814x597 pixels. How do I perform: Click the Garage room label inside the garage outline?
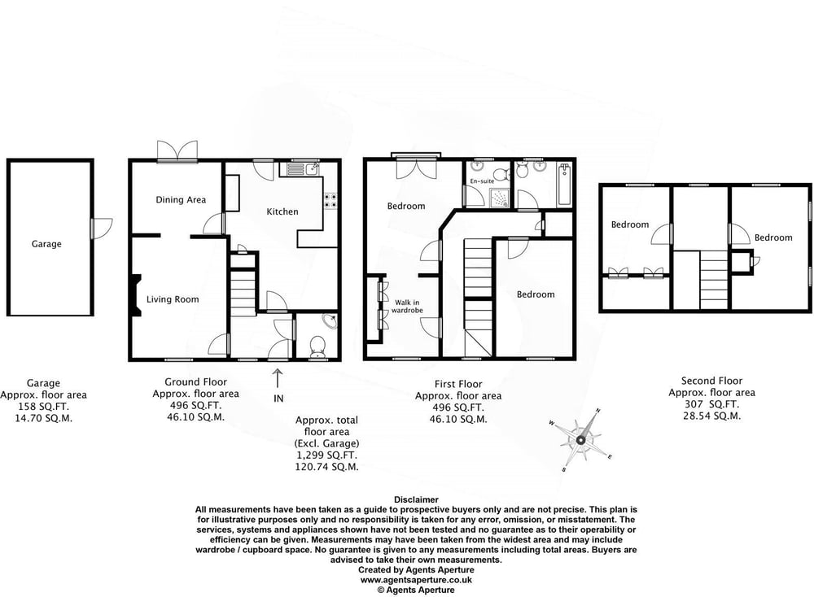pos(46,244)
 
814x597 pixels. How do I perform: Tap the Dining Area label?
pos(181,200)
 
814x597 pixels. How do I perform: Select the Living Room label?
pos(173,299)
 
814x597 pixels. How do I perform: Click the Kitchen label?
pos(282,211)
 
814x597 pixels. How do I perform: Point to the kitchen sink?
pos(300,169)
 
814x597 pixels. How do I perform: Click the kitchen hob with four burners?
pos(330,200)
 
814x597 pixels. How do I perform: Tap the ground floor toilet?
pos(317,347)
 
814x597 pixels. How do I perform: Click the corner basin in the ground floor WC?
pos(330,321)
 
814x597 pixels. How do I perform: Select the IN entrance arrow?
pos(278,378)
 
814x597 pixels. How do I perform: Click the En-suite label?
pos(482,181)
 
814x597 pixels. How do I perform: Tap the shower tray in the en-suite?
pos(498,197)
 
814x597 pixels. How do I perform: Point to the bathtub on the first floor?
pos(564,185)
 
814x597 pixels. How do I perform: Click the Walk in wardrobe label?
pos(407,306)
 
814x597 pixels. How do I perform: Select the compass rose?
pos(581,440)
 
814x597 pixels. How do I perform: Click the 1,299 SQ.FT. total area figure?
pos(326,455)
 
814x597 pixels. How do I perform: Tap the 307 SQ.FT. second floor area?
pos(711,404)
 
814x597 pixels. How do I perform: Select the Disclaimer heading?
pos(416,500)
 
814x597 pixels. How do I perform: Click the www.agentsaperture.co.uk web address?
pos(416,580)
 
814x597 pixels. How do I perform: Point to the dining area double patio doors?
pos(177,151)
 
